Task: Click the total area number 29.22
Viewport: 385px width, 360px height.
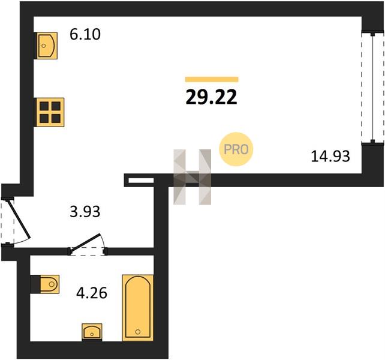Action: coord(212,97)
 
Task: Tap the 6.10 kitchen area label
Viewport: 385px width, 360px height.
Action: coord(85,34)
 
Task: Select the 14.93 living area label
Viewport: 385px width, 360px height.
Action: coord(330,156)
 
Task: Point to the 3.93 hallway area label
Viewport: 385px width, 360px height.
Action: coord(85,212)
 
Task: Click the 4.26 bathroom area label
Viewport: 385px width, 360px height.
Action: coord(92,293)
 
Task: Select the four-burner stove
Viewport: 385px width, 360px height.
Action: coord(50,112)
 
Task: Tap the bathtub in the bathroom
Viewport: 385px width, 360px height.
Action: coord(137,308)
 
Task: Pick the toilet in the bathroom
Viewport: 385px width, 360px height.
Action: coord(45,284)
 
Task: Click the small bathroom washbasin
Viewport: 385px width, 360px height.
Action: coord(92,332)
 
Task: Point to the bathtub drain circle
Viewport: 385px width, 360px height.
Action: coord(138,332)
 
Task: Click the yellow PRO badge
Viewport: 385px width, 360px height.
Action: coord(236,149)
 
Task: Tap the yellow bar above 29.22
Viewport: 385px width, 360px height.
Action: coord(212,79)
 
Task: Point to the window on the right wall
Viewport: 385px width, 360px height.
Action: coord(372,88)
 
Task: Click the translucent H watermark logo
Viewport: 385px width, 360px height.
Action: coord(192,177)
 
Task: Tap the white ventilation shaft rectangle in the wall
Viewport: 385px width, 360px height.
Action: coord(141,181)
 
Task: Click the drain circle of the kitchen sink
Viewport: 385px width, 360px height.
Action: coord(44,46)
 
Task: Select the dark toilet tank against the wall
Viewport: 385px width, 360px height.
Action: coord(35,284)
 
